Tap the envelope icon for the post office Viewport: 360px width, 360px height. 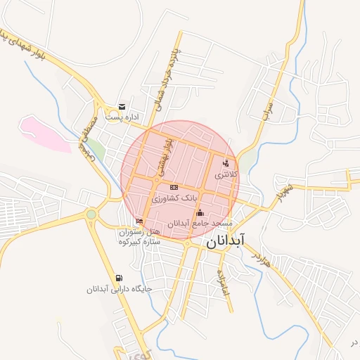pyautogui.click(x=122, y=107)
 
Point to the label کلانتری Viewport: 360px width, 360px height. pyautogui.click(x=226, y=173)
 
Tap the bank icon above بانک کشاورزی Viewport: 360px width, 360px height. pyautogui.click(x=174, y=187)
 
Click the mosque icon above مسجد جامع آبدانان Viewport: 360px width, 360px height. pyautogui.click(x=200, y=212)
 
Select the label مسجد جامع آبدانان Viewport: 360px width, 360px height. pyautogui.click(x=200, y=223)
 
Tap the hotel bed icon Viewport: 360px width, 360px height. pyautogui.click(x=139, y=221)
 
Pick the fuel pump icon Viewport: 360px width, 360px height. pyautogui.click(x=119, y=278)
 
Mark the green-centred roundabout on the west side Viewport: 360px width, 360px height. pyautogui.click(x=91, y=214)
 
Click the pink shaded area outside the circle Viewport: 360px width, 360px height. pyautogui.click(x=42, y=132)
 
